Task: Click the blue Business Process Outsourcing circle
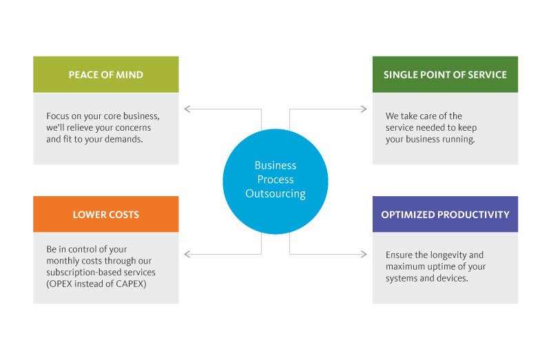275,179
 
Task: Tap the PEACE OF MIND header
105,74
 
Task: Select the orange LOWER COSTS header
105,214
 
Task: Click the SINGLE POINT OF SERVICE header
445,74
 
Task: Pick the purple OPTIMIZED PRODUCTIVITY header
445,214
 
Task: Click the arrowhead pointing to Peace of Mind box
187,108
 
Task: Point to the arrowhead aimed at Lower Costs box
187,255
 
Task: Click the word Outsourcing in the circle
275,193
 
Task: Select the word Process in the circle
275,180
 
